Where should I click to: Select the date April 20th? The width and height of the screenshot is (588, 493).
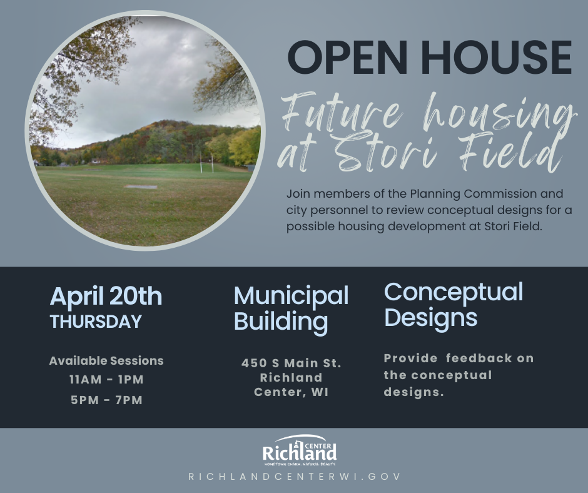point(106,296)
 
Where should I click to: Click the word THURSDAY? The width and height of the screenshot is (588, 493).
point(96,322)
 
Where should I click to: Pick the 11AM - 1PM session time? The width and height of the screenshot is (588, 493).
point(106,380)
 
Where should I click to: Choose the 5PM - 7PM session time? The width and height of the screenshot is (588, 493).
point(106,400)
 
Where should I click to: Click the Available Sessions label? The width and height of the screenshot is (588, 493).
point(106,361)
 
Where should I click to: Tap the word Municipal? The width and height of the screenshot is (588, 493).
point(291,295)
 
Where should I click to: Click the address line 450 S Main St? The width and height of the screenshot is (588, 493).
point(291,363)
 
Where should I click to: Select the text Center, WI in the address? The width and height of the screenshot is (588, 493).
point(291,393)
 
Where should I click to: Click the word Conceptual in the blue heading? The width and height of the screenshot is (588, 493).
point(454,292)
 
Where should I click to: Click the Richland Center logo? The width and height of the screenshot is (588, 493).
point(300,449)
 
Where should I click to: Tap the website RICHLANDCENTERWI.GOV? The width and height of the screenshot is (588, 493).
point(294,477)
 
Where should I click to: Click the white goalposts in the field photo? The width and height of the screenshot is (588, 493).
point(206,165)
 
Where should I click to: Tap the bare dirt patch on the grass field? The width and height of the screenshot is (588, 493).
point(141,186)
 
